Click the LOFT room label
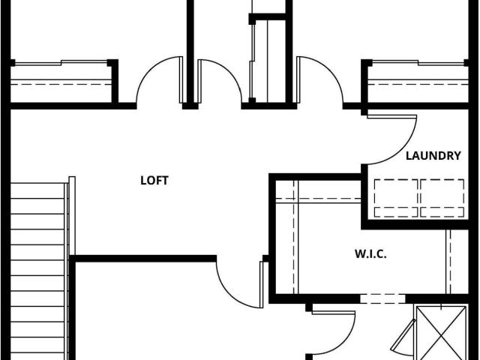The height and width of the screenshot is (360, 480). [x=154, y=181]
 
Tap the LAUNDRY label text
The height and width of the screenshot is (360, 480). [x=433, y=156]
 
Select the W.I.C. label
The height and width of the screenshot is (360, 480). [x=370, y=253]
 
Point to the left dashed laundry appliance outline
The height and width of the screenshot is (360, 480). [x=396, y=198]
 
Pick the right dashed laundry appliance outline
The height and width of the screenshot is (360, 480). [x=442, y=198]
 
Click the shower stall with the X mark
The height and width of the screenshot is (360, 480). [x=442, y=332]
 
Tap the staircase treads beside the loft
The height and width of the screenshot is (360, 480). [x=37, y=271]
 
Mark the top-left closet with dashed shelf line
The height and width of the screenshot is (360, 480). [x=61, y=82]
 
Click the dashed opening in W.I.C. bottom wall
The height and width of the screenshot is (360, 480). [x=383, y=298]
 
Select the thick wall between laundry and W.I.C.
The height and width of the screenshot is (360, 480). [x=415, y=225]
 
